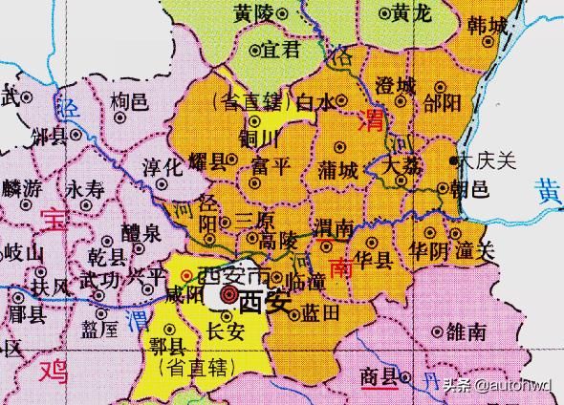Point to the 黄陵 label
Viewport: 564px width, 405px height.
point(253,14)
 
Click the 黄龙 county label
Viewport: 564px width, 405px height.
point(413,13)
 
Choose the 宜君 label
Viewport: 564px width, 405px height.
point(282,49)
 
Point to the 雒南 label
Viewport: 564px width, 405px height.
point(467,331)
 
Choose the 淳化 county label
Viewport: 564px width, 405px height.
point(162,166)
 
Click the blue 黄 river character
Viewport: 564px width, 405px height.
point(549,191)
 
